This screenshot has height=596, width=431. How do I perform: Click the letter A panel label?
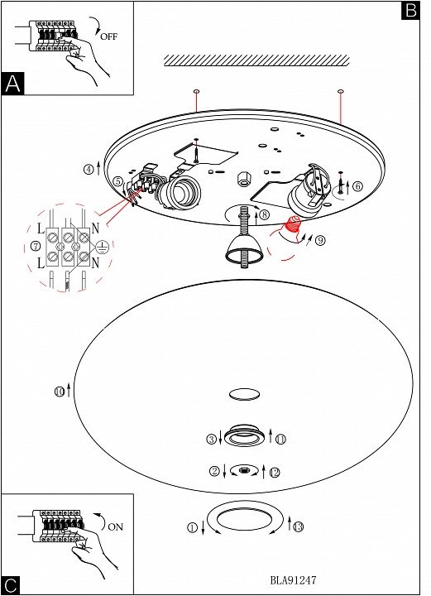[13, 84]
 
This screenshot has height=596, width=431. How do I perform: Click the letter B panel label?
[410, 10]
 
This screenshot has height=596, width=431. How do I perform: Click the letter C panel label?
[11, 585]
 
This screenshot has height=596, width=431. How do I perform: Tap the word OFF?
[109, 37]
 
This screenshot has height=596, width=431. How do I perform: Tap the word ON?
[116, 527]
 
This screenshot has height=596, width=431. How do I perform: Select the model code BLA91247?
[293, 580]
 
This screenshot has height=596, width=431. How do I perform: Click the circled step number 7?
[36, 246]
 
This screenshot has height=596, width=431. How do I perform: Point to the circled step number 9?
[320, 240]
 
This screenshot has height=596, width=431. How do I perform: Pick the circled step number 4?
[89, 169]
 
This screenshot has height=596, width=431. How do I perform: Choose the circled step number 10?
[60, 392]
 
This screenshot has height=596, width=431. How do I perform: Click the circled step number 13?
[299, 526]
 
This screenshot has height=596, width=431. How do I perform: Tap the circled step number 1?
[193, 527]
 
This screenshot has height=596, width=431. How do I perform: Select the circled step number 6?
[357, 186]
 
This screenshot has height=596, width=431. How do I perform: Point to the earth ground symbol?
[103, 248]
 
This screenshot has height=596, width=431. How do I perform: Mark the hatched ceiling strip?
[256, 60]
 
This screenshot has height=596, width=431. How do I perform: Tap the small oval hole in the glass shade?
[245, 394]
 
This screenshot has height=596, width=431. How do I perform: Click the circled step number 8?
[264, 215]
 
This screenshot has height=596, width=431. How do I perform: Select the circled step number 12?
[275, 473]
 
